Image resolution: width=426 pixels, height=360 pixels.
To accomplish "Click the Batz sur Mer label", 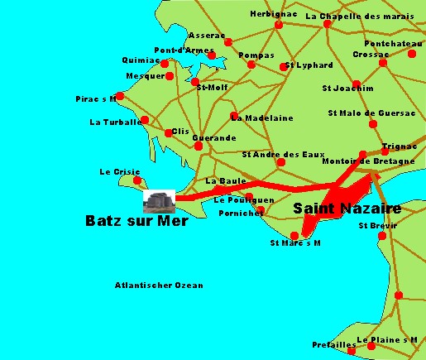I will [x=136, y=221].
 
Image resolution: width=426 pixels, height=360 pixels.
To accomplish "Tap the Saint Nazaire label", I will [x=347, y=210].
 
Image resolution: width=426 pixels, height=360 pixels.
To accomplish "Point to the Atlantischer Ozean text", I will [x=159, y=286].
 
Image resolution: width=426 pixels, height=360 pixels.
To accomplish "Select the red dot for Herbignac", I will [x=278, y=25].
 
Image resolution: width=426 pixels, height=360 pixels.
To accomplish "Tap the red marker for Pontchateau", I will [x=412, y=54].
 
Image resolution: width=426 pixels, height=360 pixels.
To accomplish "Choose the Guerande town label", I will [x=214, y=137].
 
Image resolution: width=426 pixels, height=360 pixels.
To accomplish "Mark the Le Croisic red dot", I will [x=137, y=180].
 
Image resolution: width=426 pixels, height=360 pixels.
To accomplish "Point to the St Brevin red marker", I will [x=382, y=236].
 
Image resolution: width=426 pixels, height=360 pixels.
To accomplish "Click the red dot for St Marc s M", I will [x=294, y=236].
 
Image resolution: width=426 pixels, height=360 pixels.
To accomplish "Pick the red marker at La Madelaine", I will [x=234, y=116].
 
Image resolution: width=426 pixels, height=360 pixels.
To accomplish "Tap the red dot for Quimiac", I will [x=165, y=64].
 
